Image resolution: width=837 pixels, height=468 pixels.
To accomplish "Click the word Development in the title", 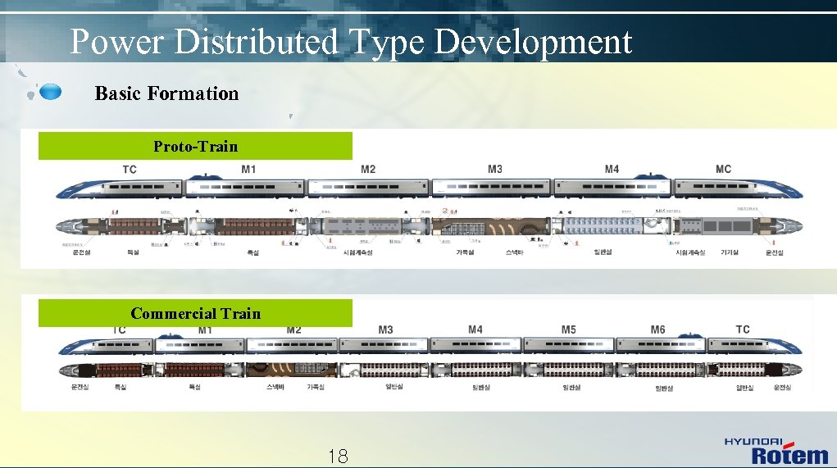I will tap(533, 42).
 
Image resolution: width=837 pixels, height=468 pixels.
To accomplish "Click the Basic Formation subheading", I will tap(166, 93).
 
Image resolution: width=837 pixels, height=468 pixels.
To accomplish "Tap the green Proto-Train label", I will tap(195, 146).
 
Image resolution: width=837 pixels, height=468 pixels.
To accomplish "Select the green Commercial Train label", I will tap(195, 313).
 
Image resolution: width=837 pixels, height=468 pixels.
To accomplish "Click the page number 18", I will tap(337, 457).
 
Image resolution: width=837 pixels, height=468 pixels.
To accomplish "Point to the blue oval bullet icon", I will tap(50, 91).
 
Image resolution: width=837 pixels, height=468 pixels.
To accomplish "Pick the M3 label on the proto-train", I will tap(495, 169).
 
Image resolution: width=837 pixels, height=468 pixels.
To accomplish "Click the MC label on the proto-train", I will tap(723, 169).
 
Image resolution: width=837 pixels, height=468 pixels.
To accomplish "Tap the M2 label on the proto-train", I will tap(368, 169).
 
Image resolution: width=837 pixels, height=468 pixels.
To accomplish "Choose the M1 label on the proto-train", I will tap(248, 169).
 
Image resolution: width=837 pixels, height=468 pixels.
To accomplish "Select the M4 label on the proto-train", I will tap(612, 169).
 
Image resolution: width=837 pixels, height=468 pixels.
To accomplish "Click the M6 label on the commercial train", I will tap(657, 329).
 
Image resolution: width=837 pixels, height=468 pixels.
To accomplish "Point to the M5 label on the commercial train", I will tap(569, 329).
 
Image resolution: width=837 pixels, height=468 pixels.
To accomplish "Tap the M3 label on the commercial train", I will tap(385, 329).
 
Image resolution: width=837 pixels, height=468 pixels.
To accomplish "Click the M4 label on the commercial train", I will tap(475, 329).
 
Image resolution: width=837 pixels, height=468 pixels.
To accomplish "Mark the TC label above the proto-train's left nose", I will tap(130, 170).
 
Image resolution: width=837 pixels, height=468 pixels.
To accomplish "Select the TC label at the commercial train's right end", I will tap(743, 329).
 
